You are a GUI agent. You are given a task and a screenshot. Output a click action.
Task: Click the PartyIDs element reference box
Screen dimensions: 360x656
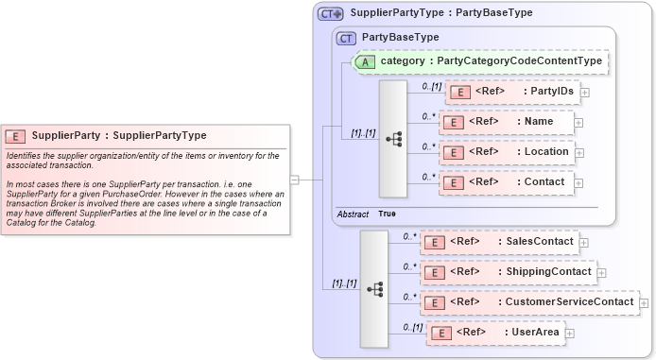point(511,92)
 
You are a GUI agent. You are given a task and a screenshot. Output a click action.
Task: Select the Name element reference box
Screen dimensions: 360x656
point(506,123)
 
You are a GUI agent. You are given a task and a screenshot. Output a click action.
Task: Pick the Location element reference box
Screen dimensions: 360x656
point(506,152)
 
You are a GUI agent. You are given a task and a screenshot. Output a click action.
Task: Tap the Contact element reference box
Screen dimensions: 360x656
point(506,182)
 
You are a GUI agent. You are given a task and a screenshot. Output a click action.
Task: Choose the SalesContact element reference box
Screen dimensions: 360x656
point(499,242)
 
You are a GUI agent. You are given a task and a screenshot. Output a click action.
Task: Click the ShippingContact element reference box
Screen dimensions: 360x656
point(508,272)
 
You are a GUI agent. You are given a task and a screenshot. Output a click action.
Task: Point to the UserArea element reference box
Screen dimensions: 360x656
point(495,333)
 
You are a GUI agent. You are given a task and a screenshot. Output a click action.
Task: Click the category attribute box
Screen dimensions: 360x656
point(482,61)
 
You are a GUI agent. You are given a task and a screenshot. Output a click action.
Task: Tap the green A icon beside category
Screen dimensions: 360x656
point(366,61)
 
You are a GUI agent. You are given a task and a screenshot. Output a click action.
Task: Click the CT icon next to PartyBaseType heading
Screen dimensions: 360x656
point(347,37)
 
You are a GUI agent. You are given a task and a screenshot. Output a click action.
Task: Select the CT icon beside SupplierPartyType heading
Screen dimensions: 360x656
point(330,13)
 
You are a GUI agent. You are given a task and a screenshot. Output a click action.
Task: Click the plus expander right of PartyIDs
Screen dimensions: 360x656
point(585,93)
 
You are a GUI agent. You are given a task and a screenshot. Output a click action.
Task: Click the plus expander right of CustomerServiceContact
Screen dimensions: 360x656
point(644,303)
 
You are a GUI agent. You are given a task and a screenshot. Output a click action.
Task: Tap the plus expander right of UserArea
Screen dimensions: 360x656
point(570,334)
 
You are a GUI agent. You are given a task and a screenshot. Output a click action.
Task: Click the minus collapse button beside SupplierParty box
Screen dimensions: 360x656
point(295,179)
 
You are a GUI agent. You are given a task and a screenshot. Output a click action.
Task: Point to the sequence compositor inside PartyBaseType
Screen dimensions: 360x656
point(393,138)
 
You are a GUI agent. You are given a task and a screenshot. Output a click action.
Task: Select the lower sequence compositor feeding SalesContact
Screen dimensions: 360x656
point(373,287)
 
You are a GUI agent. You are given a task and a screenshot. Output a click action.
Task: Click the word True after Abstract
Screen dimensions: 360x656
point(388,214)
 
